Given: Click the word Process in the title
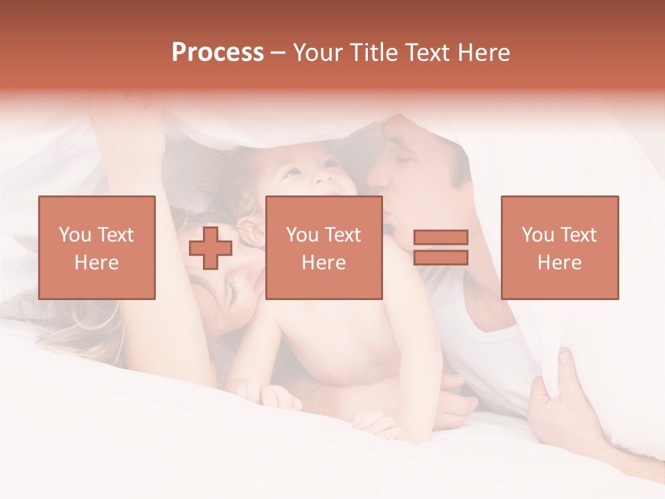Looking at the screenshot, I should pyautogui.click(x=218, y=53).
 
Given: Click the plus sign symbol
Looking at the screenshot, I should pyautogui.click(x=211, y=248).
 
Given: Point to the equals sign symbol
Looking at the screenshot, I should pyautogui.click(x=441, y=247).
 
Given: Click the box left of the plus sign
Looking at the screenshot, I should pyautogui.click(x=97, y=247).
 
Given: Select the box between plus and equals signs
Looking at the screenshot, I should pyautogui.click(x=323, y=247).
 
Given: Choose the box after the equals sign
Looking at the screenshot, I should pyautogui.click(x=559, y=247).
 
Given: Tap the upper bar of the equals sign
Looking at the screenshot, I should pyautogui.click(x=441, y=238).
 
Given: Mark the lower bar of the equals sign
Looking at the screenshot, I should pyautogui.click(x=441, y=258).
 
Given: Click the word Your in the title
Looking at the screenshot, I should pyautogui.click(x=318, y=53).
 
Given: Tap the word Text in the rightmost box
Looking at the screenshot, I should pyautogui.click(x=581, y=235).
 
